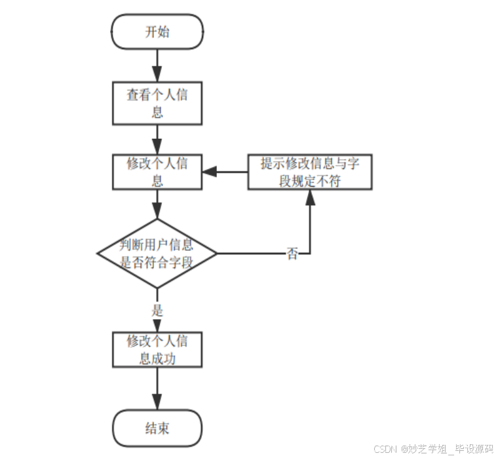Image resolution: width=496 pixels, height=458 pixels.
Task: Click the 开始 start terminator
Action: [x=157, y=32]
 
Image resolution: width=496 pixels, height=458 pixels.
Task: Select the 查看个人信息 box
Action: [x=157, y=103]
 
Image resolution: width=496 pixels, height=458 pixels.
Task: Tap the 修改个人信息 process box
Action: [x=157, y=172]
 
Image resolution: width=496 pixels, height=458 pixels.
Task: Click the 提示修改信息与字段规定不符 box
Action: [x=309, y=172]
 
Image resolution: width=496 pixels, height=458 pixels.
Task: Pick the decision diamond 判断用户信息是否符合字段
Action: [x=157, y=254]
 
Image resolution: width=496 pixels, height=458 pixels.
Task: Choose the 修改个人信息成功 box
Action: [x=157, y=349]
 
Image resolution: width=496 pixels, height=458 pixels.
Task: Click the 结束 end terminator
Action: [x=157, y=428]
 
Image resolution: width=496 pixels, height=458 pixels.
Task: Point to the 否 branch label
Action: [x=292, y=254]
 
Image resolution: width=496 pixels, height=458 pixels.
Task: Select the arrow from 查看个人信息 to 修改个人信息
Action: [x=157, y=138]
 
